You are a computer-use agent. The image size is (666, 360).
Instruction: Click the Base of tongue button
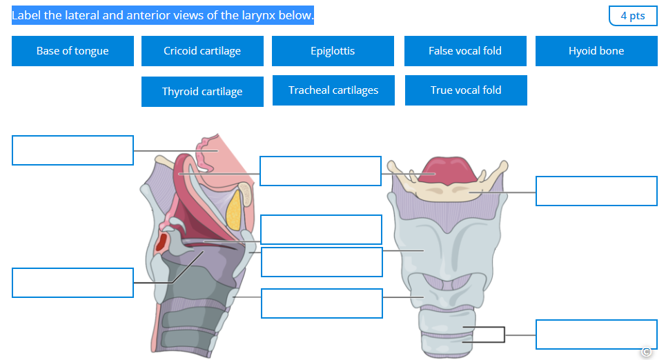click(72, 51)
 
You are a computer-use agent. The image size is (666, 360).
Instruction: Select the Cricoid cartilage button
click(202, 51)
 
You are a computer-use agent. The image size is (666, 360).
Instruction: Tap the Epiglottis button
click(333, 51)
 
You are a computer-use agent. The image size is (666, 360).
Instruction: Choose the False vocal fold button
click(465, 51)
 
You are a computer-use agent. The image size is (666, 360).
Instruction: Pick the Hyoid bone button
click(596, 51)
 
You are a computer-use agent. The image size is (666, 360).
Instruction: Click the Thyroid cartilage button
click(202, 92)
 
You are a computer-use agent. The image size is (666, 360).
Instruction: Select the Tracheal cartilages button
click(333, 90)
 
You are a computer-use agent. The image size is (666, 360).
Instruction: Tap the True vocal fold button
click(466, 90)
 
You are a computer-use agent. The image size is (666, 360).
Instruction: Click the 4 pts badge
click(633, 16)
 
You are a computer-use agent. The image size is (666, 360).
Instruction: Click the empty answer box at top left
click(72, 150)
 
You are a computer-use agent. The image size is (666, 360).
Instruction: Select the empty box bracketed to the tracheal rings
click(596, 334)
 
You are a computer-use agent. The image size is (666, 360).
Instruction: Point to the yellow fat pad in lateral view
click(235, 209)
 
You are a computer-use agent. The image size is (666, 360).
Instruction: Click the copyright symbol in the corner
click(646, 352)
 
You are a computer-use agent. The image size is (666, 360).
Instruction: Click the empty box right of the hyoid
click(596, 191)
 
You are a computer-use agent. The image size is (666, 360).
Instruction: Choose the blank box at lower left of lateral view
click(72, 283)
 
